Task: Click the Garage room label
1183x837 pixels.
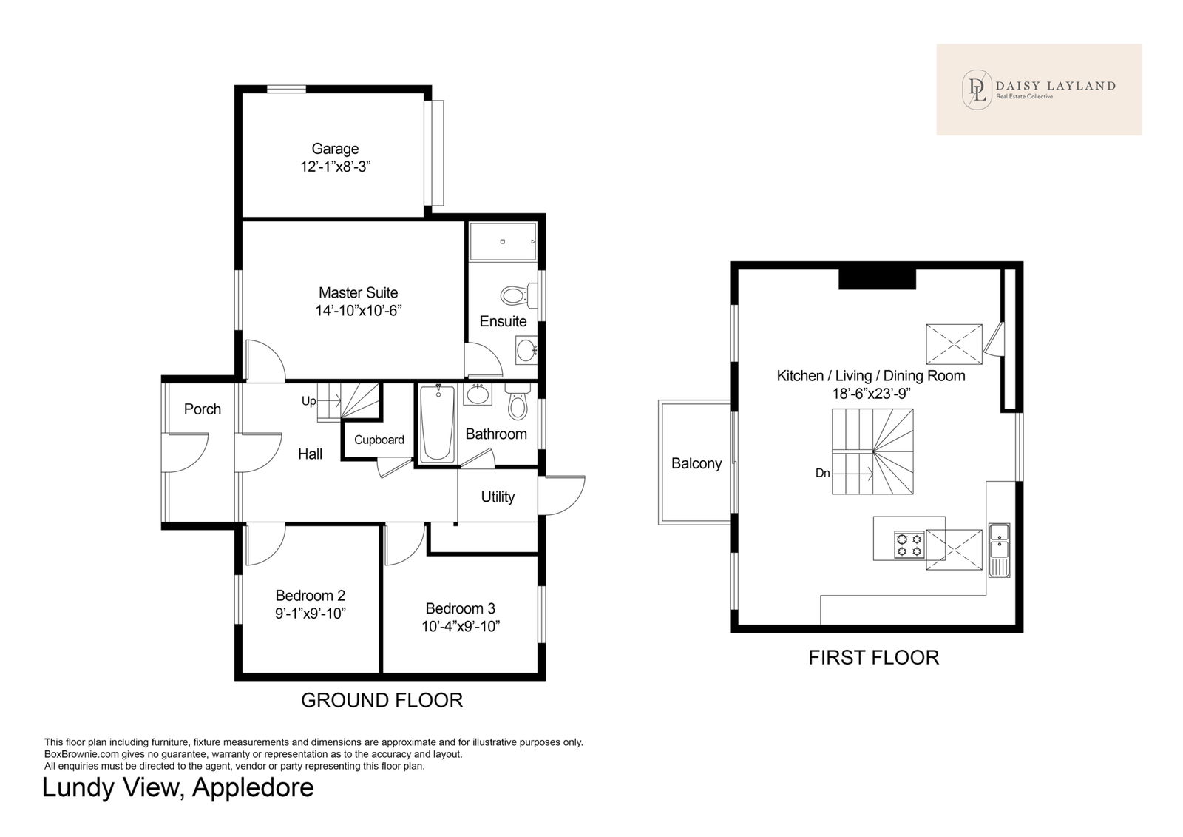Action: pos(335,149)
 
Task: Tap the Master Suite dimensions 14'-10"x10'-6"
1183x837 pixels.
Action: pos(359,310)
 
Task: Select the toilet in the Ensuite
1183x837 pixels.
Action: pos(518,295)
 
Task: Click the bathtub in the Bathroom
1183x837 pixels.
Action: pos(437,424)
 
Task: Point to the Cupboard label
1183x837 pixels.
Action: pos(379,440)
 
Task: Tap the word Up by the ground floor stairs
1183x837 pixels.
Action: pos(309,401)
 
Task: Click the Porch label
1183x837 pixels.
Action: pos(203,409)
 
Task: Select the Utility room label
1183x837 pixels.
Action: pos(498,497)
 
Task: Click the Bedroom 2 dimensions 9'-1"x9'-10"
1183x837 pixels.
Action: pos(311,614)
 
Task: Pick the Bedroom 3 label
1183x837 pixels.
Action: pos(461,608)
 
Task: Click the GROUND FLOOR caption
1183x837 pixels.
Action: pos(382,700)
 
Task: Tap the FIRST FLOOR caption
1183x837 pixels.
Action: pos(874,657)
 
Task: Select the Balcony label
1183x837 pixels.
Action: pos(696,463)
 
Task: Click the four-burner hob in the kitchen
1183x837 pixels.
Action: pos(909,545)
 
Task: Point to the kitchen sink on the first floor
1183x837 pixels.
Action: pos(999,550)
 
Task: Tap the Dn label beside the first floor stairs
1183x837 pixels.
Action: pos(823,473)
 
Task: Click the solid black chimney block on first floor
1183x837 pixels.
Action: pos(877,279)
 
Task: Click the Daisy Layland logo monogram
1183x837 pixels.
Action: pos(977,90)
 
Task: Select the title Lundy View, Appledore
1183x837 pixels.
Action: pos(178,787)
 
